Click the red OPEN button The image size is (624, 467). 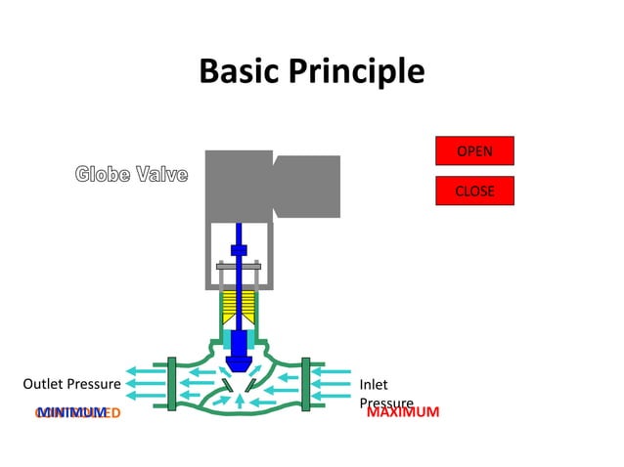pyautogui.click(x=474, y=151)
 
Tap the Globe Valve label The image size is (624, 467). pyautogui.click(x=131, y=175)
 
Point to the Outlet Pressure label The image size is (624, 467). pyautogui.click(x=71, y=384)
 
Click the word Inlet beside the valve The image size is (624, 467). pyautogui.click(x=374, y=385)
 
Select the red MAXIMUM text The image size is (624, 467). pyautogui.click(x=402, y=412)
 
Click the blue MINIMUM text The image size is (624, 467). pyautogui.click(x=71, y=412)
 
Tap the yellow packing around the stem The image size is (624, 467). pyautogui.click(x=238, y=309)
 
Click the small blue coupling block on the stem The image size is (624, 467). pyautogui.click(x=238, y=250)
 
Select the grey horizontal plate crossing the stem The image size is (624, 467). pyautogui.click(x=238, y=266)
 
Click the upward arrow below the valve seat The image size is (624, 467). pyautogui.click(x=238, y=400)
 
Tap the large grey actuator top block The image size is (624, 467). pyautogui.click(x=238, y=186)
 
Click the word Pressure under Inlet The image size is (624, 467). pyautogui.click(x=386, y=403)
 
